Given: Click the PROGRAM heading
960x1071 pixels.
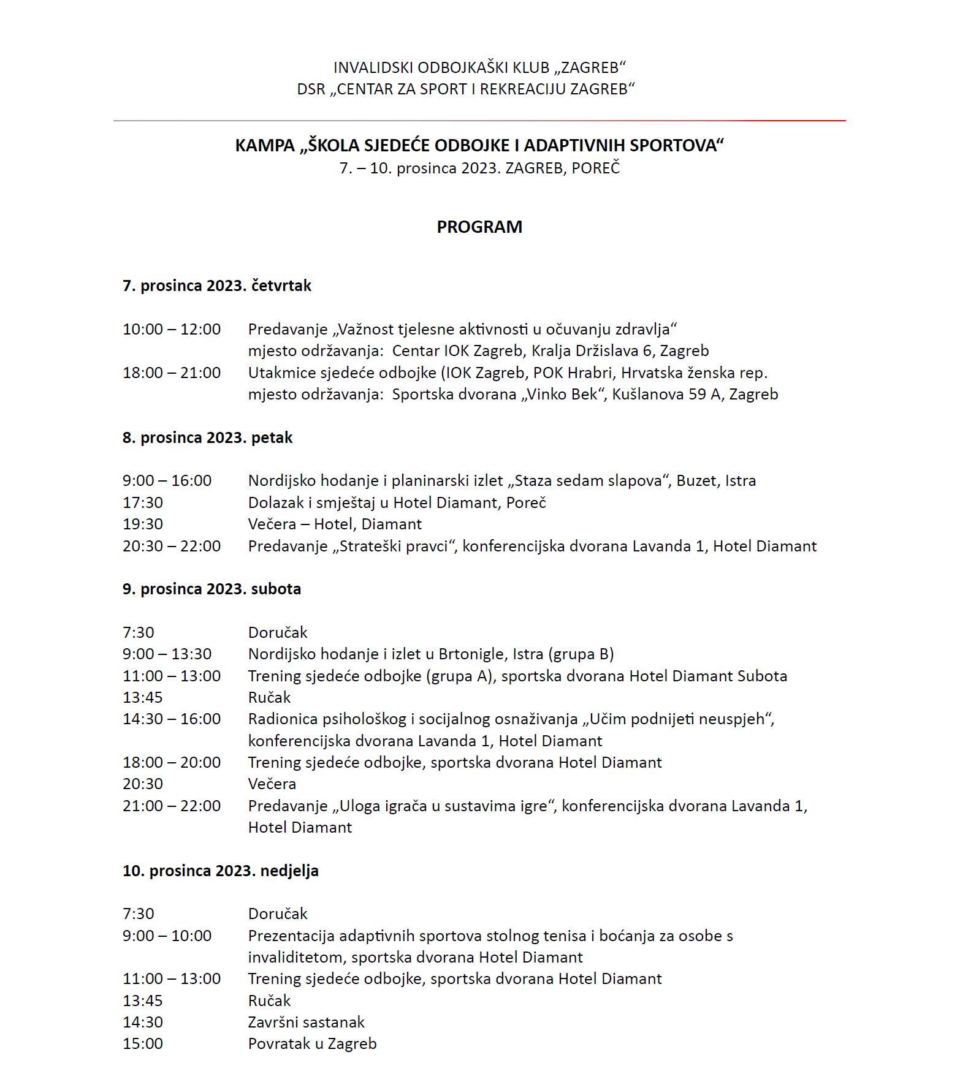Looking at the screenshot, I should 479,227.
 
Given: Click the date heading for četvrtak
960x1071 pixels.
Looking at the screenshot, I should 217,286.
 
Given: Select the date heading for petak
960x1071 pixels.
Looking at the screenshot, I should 208,438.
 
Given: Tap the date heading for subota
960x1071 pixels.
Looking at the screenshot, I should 212,589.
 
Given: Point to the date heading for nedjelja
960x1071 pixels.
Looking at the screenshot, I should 221,871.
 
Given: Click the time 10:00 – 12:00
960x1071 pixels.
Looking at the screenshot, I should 172,330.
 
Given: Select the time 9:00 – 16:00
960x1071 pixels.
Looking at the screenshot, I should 167,481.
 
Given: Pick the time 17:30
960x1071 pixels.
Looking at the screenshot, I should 143,503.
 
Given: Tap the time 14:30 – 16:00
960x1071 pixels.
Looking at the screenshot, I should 172,719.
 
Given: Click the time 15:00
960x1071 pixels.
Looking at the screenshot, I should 143,1044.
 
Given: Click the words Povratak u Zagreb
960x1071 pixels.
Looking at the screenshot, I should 313,1044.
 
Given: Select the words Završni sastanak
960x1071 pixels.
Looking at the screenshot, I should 307,1023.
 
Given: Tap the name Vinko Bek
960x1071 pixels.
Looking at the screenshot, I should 562,395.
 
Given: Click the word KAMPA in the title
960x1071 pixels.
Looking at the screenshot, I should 265,146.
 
